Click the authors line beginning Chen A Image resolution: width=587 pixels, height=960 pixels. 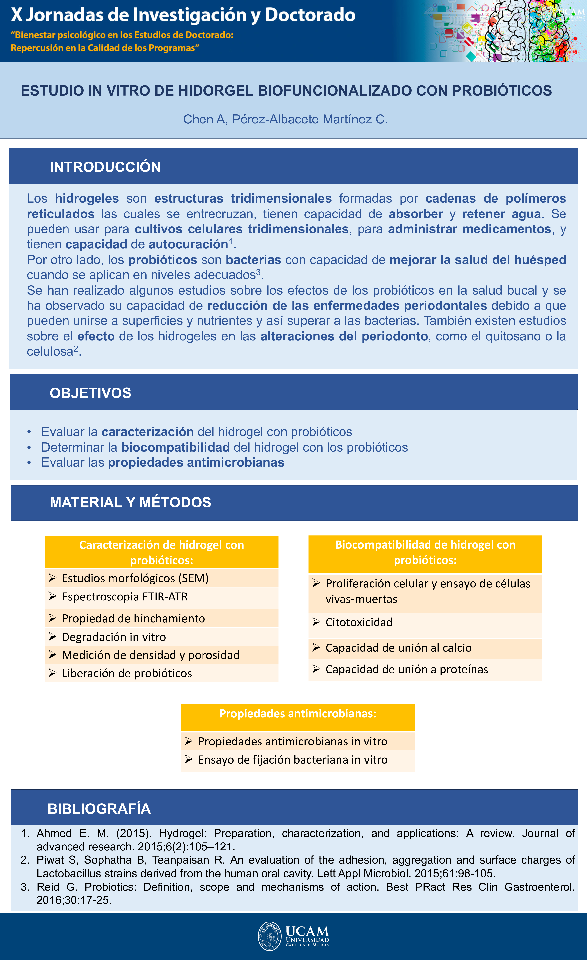pos(286,119)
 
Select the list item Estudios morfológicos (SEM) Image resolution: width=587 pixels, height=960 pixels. pos(135,578)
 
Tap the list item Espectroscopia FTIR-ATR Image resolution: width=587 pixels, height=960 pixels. pos(125,597)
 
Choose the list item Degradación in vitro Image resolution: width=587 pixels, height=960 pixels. pos(114,637)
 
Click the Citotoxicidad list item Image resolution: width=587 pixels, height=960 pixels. pos(359,622)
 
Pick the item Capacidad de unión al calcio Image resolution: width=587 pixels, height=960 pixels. pos(398,648)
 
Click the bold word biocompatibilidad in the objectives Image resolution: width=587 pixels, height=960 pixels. pos(175,447)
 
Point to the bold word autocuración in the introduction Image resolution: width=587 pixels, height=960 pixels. pos(188,244)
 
